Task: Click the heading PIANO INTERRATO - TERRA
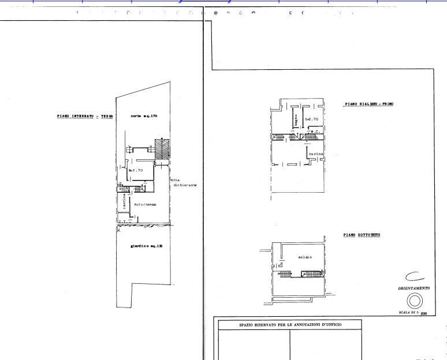click(85, 116)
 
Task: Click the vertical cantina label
click(124, 202)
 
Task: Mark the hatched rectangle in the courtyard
click(162, 149)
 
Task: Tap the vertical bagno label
click(295, 121)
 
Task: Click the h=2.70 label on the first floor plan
click(312, 119)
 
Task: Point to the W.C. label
click(316, 132)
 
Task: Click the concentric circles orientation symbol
click(414, 301)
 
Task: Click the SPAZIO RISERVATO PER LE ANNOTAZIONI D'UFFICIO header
click(290, 325)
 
